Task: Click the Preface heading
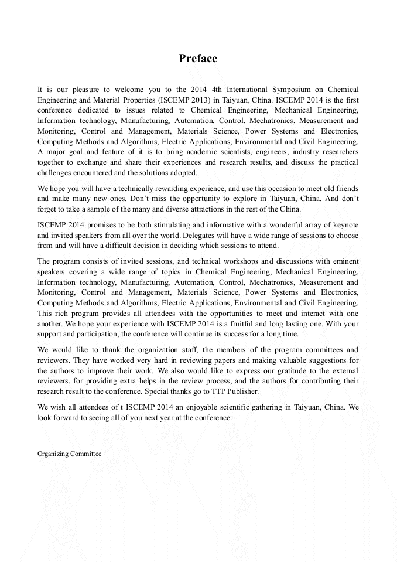click(198, 59)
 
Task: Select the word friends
click(345, 189)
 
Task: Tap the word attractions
click(218, 209)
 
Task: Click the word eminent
click(344, 261)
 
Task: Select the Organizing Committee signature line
click(69, 454)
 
